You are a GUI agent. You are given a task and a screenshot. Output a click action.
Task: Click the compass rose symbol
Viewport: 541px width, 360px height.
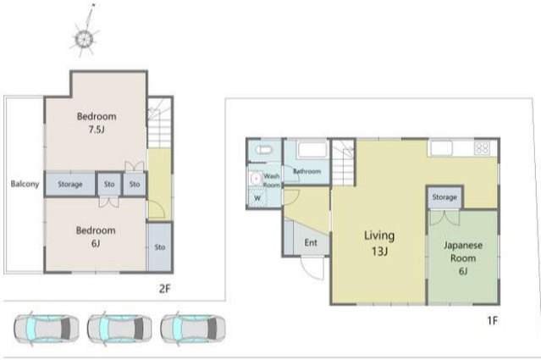click(x=85, y=38)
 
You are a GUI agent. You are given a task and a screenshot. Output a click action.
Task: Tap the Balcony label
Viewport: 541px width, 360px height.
click(x=25, y=184)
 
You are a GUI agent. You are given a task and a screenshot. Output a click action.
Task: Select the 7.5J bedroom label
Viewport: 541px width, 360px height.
click(x=97, y=123)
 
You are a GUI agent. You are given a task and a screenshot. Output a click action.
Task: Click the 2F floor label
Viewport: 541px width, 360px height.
click(x=165, y=288)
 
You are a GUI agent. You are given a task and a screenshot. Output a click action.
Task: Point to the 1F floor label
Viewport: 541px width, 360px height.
click(x=493, y=321)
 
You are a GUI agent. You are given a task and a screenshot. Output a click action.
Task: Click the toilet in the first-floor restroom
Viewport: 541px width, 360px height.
click(x=264, y=150)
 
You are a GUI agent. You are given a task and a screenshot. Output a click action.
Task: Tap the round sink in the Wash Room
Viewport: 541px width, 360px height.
click(x=256, y=179)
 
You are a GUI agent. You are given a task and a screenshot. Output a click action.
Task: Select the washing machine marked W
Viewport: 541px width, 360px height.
click(x=257, y=198)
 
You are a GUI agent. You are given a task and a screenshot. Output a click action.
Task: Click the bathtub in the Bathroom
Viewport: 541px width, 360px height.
click(x=312, y=150)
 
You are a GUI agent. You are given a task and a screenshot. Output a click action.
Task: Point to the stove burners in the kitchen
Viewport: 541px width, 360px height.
click(x=482, y=148)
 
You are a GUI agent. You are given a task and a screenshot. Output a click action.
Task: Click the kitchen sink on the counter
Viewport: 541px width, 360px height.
click(x=442, y=148)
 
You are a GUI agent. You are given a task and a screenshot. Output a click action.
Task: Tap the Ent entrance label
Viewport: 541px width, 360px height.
click(x=311, y=242)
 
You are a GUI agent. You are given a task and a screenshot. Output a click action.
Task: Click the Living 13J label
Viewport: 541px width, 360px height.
click(x=379, y=243)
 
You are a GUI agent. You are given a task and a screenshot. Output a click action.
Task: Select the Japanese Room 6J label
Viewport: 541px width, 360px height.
click(x=463, y=258)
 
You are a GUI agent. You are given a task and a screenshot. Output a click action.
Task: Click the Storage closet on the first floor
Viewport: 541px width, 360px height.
click(x=444, y=197)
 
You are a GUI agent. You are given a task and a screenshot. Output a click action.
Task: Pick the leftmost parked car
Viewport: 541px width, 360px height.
click(x=47, y=329)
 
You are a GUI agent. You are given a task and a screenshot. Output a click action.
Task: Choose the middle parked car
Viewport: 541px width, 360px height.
click(x=119, y=329)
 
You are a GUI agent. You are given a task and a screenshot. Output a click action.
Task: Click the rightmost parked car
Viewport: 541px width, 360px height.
click(x=193, y=329)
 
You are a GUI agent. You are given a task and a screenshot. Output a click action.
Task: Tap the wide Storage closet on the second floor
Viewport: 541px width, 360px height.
click(x=70, y=184)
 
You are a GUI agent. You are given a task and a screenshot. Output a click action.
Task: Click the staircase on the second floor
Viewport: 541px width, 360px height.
click(x=160, y=123)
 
